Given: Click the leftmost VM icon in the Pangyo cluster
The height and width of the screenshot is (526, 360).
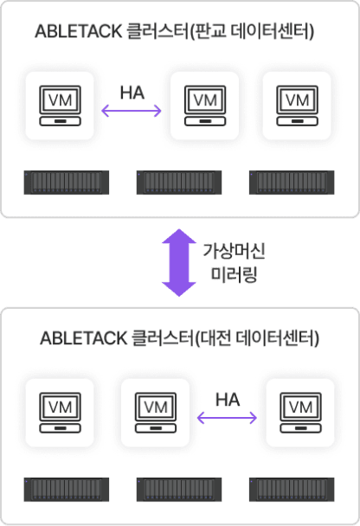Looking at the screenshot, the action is [x=60, y=106].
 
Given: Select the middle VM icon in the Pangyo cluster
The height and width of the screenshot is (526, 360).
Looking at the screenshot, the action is [x=205, y=106].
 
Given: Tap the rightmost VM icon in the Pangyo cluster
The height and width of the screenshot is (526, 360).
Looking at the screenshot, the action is [x=297, y=106].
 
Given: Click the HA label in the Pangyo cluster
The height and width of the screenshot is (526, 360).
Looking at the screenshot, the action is [x=132, y=93].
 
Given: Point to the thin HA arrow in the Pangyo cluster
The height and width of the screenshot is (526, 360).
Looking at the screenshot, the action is [x=132, y=111].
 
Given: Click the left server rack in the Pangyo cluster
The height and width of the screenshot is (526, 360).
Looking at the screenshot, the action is [x=67, y=183].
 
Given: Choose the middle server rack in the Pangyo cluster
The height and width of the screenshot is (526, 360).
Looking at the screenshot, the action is [x=179, y=183].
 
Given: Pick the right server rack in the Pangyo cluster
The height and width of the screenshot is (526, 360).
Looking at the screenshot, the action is [x=292, y=183].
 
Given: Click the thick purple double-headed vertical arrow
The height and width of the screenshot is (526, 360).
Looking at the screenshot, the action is [x=179, y=263].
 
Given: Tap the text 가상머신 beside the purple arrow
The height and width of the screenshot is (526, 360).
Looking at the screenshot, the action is [x=234, y=251].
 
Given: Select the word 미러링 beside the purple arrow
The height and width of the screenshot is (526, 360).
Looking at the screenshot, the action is [x=234, y=274].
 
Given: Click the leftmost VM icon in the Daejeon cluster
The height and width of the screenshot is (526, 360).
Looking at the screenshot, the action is [x=60, y=413].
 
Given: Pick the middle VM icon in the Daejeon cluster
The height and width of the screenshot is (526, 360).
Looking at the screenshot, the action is [x=156, y=413].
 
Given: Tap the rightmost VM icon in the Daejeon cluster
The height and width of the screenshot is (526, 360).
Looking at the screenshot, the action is [x=300, y=413].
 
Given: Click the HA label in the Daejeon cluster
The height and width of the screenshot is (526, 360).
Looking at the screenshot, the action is [x=228, y=400].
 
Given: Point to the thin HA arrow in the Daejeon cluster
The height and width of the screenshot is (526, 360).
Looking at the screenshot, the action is [x=227, y=418].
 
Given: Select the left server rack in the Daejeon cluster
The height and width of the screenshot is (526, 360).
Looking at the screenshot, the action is [x=67, y=490].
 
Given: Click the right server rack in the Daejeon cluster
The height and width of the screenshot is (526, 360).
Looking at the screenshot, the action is [x=292, y=490].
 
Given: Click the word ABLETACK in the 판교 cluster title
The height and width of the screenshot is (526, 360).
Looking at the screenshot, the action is [x=79, y=31].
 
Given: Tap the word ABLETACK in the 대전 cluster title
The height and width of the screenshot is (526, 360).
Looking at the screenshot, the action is [x=84, y=338].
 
